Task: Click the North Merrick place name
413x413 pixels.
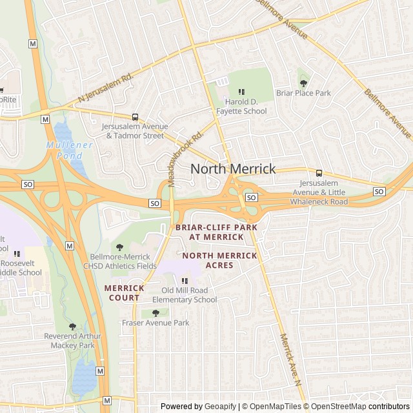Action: coord(233,169)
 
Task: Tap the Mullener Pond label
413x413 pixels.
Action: coord(69,150)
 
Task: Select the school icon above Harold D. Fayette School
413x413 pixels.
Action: coord(242,92)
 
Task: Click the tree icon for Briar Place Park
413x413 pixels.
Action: coord(303,83)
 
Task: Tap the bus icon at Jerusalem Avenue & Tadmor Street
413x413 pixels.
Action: coord(135,117)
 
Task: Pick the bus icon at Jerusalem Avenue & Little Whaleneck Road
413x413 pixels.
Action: coord(319,173)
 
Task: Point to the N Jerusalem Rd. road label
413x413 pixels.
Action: coord(105,86)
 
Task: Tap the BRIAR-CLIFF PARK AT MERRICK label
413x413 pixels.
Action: coord(216,232)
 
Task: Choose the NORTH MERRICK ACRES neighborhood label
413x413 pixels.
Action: coord(219,261)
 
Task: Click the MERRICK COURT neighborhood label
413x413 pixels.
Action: coord(125,293)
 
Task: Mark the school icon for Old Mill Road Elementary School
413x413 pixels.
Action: coord(185,281)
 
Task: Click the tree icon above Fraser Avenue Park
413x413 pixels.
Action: coord(156,313)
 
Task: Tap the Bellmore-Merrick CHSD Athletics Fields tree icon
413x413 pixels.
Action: coord(119,247)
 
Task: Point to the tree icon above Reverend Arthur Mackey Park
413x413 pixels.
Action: coord(72,327)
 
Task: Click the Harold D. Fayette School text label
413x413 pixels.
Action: coord(245,106)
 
